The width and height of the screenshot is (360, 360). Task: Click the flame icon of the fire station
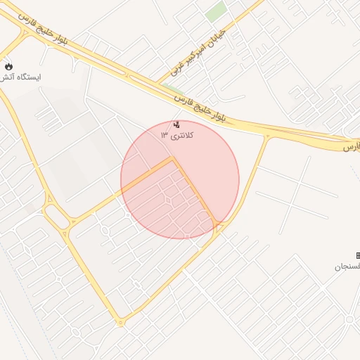coord(8,66)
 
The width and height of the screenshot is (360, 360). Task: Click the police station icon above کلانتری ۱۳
coord(176,124)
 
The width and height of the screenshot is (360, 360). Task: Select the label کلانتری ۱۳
coord(176,134)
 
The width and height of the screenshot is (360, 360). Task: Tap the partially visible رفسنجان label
coord(347,267)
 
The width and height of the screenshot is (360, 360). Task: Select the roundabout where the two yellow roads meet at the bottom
coord(120,323)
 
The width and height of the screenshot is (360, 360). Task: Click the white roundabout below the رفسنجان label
coord(349,319)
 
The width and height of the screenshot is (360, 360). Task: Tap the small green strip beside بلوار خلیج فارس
coord(168,87)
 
